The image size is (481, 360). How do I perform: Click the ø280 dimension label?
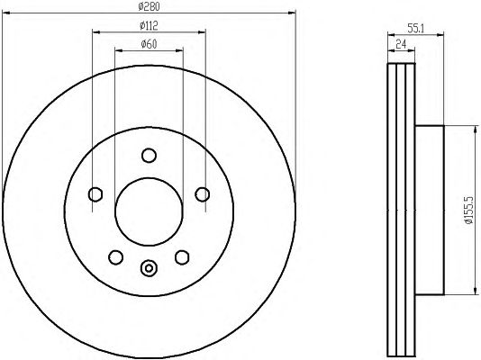click(x=149, y=6)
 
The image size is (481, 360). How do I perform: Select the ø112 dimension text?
click(x=149, y=26)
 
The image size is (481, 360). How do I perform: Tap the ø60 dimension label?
click(x=149, y=44)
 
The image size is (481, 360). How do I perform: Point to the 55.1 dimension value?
click(x=415, y=29)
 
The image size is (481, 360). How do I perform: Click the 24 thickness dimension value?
click(x=401, y=44)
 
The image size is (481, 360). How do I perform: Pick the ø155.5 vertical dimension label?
click(x=469, y=211)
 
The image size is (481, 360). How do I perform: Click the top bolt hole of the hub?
click(x=150, y=156)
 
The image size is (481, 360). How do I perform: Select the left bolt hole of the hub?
click(x=95, y=194)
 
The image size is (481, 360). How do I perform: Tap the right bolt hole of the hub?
click(x=203, y=194)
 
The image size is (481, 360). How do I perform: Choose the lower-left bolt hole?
click(x=116, y=257)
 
